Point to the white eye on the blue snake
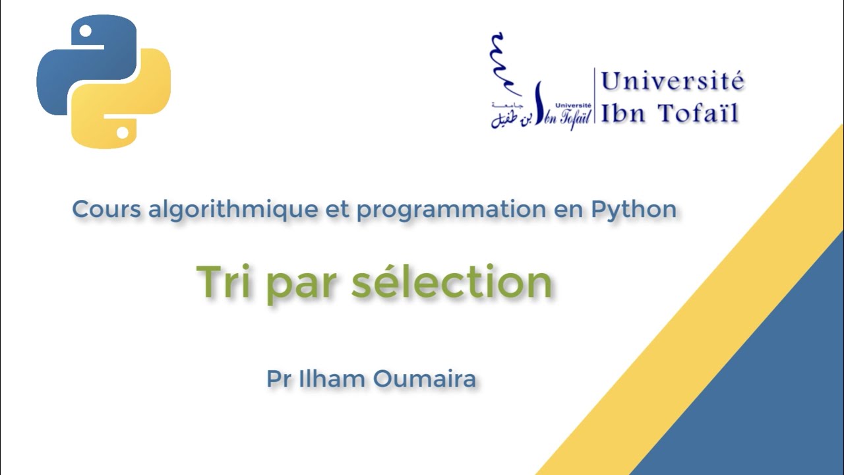pos(84,30)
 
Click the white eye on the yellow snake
pos(122,133)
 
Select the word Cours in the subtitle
pos(105,209)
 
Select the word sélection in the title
pos(452,282)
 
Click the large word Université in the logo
pos(673,82)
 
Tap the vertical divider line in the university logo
pos(595,96)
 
